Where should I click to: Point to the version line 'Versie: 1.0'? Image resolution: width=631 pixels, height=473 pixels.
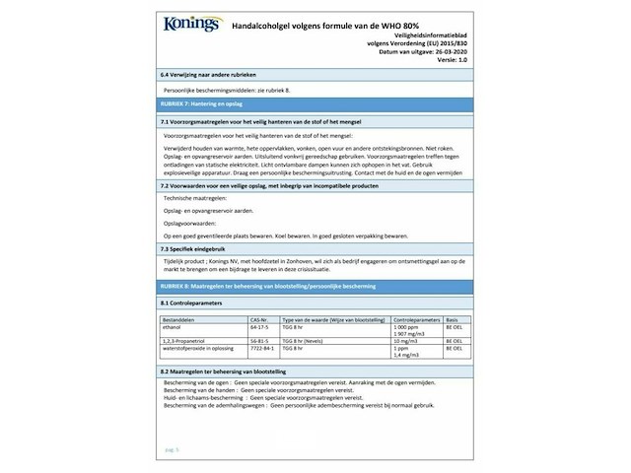pos(455,59)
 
